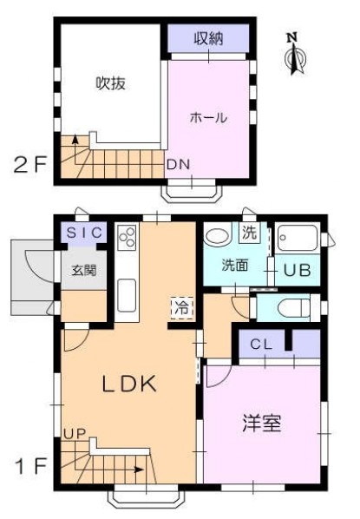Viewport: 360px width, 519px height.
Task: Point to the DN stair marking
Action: [x=177, y=164]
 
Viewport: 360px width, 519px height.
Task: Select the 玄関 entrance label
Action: [x=83, y=270]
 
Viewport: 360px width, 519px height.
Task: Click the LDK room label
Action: [x=130, y=384]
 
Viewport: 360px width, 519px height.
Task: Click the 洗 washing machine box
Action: [x=250, y=233]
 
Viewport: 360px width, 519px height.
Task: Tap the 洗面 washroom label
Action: [x=234, y=265]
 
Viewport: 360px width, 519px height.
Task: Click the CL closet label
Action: [x=261, y=345]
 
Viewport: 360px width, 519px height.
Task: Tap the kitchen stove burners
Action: [x=127, y=238]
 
